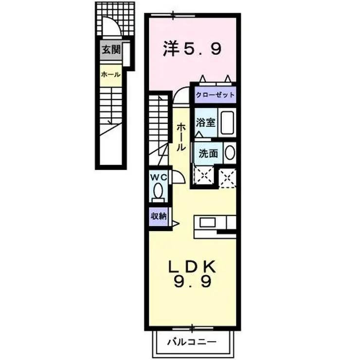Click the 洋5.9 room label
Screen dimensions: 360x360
[x=193, y=49]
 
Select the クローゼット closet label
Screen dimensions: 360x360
[x=215, y=95]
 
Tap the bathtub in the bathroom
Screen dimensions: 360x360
[x=227, y=124]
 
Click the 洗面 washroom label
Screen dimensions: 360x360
[x=208, y=154]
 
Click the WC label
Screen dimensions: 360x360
[x=159, y=178]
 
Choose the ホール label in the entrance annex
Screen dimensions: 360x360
[x=111, y=74]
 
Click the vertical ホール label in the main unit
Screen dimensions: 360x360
[x=180, y=136]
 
